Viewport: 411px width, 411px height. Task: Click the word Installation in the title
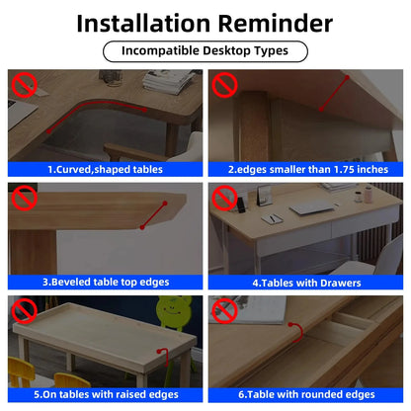pyautogui.click(x=143, y=24)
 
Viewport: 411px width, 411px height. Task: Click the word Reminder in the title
pyautogui.click(x=276, y=24)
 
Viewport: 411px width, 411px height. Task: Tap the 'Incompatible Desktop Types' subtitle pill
pyautogui.click(x=205, y=51)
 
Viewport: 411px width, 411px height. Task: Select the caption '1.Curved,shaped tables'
pyautogui.click(x=106, y=169)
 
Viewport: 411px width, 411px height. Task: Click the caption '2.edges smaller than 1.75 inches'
pyautogui.click(x=308, y=169)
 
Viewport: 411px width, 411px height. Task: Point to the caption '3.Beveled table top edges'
pyautogui.click(x=106, y=283)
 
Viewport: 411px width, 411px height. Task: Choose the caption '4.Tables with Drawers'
pyautogui.click(x=306, y=283)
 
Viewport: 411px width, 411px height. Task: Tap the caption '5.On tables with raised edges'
pyautogui.click(x=106, y=394)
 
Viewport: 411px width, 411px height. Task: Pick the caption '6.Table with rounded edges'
pyautogui.click(x=306, y=394)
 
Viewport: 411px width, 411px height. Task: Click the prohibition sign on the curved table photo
pyautogui.click(x=25, y=85)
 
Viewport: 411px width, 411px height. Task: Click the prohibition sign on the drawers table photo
pyautogui.click(x=224, y=198)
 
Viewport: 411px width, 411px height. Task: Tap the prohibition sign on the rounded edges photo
pyautogui.click(x=224, y=311)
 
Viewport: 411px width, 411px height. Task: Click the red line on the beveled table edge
pyautogui.click(x=153, y=215)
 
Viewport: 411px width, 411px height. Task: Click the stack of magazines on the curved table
pyautogui.click(x=170, y=81)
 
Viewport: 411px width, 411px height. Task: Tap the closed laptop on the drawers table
pyautogui.click(x=311, y=207)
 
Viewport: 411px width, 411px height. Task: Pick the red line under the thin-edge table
pyautogui.click(x=334, y=94)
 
